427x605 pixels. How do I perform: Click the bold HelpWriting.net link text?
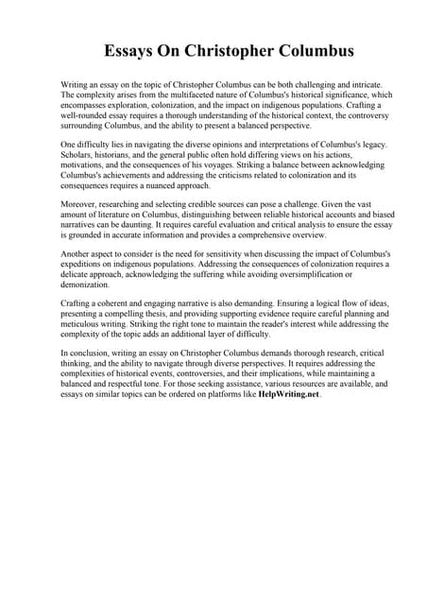[288, 395]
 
